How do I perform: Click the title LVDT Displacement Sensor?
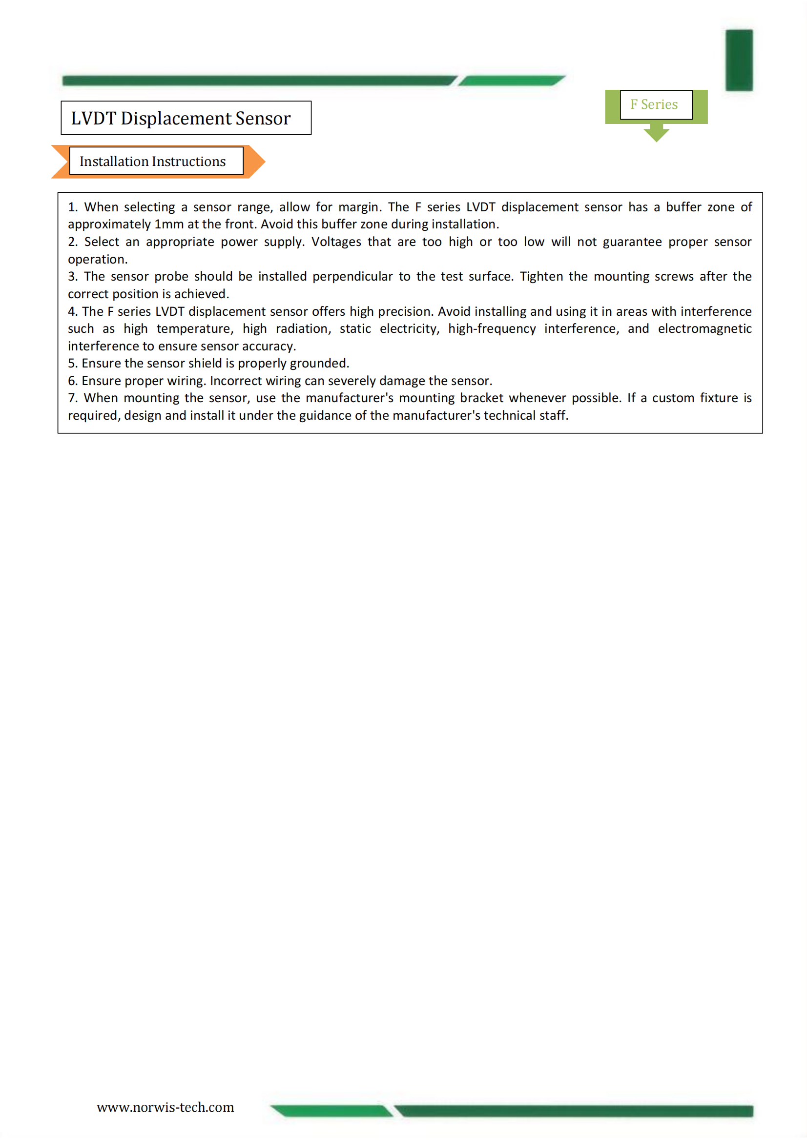pyautogui.click(x=181, y=118)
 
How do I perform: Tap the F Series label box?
pyautogui.click(x=655, y=104)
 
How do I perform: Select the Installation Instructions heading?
pyautogui.click(x=153, y=162)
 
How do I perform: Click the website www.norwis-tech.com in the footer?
pyautogui.click(x=165, y=1107)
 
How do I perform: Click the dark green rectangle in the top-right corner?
pyautogui.click(x=739, y=60)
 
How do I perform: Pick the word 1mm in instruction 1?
pyautogui.click(x=169, y=224)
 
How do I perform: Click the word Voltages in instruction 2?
pyautogui.click(x=336, y=242)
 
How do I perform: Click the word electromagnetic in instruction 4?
pyautogui.click(x=704, y=328)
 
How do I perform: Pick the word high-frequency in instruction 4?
pyautogui.click(x=492, y=328)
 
